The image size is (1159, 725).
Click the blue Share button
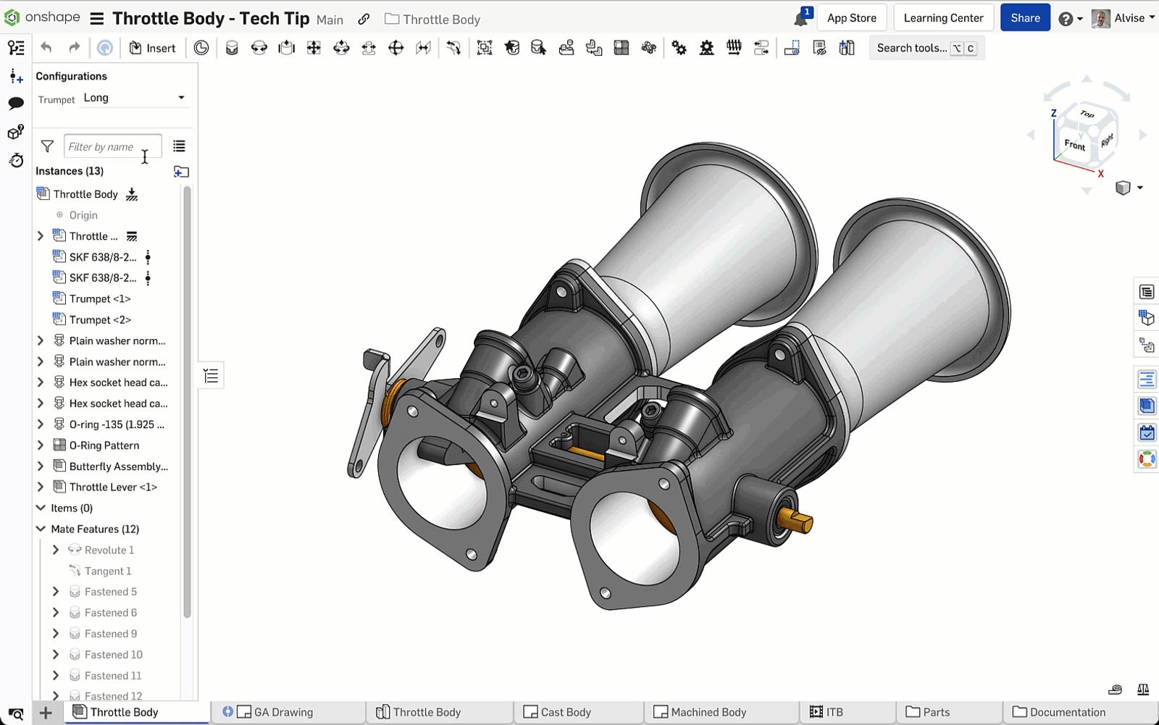pyautogui.click(x=1025, y=18)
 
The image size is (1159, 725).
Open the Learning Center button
pyautogui.click(x=943, y=18)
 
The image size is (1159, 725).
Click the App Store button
pyautogui.click(x=851, y=18)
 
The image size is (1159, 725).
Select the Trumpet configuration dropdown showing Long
pyautogui.click(x=134, y=98)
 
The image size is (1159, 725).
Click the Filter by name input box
pyautogui.click(x=112, y=146)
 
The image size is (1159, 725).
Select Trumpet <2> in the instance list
pyautogui.click(x=100, y=319)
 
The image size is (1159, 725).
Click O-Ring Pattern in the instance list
pyautogui.click(x=104, y=445)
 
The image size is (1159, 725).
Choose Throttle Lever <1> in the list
pyautogui.click(x=113, y=487)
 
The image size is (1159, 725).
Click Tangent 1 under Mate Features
pyautogui.click(x=107, y=571)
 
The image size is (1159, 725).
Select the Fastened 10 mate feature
pyautogui.click(x=113, y=655)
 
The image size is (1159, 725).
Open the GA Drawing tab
pyautogui.click(x=283, y=712)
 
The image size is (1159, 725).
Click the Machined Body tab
pyautogui.click(x=708, y=712)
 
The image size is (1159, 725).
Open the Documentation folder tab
pyautogui.click(x=1067, y=712)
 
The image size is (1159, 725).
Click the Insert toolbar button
pyautogui.click(x=153, y=48)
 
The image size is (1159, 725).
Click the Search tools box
pyautogui.click(x=911, y=48)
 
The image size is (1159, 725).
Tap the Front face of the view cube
pyautogui.click(x=1074, y=145)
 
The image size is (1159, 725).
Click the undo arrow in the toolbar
pyautogui.click(x=46, y=48)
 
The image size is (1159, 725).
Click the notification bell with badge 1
pyautogui.click(x=800, y=19)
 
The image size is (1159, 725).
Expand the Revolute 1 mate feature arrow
pyautogui.click(x=56, y=550)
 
